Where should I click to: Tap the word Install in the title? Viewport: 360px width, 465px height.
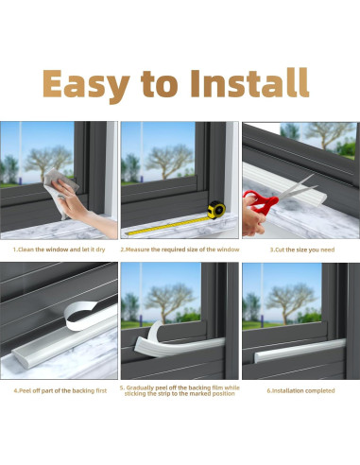[249, 82]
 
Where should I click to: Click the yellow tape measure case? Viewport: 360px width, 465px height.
[216, 210]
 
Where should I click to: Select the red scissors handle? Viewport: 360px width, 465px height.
[261, 201]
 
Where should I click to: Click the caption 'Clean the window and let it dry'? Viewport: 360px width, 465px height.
[59, 250]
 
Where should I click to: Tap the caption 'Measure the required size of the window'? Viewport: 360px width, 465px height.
[180, 250]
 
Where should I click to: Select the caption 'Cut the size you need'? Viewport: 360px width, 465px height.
[302, 250]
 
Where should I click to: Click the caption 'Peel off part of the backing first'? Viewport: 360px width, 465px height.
[60, 390]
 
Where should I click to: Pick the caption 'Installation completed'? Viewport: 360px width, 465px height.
[300, 390]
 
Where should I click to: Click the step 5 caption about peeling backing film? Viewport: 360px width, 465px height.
[180, 390]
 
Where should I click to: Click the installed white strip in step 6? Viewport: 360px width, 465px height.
[300, 350]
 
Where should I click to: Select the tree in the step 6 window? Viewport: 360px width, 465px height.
[289, 301]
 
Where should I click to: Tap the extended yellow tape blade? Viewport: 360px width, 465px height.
[167, 226]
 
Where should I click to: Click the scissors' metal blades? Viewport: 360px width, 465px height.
[297, 187]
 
